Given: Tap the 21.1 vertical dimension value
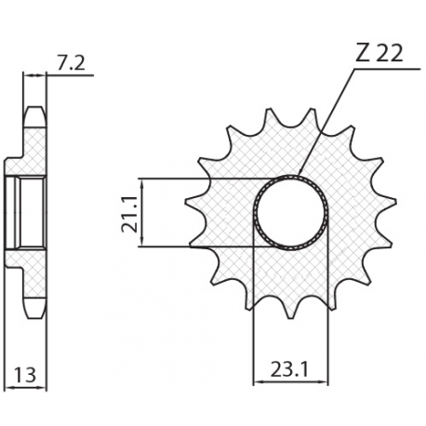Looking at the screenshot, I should pyautogui.click(x=130, y=211).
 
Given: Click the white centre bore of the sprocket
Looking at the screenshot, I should pyautogui.click(x=290, y=210).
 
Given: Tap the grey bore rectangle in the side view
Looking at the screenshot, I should pyautogui.click(x=24, y=212).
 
